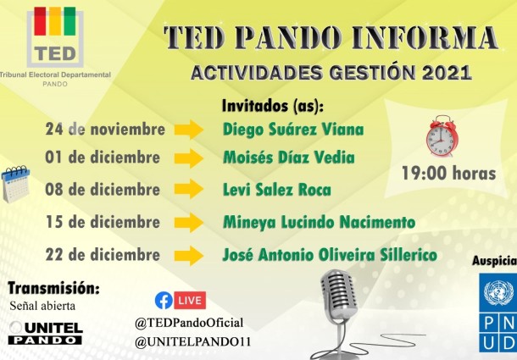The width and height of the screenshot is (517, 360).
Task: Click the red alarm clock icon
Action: tap(441, 136)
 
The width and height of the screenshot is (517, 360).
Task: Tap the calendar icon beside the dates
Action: tap(16, 184)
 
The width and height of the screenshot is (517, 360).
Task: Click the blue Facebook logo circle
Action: tap(164, 300)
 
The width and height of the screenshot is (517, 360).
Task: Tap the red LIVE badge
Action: tap(191, 300)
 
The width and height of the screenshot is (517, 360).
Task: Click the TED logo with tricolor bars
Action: tap(55, 37)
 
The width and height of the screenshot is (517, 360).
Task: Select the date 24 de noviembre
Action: tap(105, 130)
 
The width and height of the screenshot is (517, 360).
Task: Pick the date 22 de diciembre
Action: tap(104, 254)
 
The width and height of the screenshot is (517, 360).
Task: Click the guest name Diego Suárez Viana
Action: tap(292, 130)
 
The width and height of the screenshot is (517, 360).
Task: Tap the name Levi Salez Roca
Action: tap(276, 189)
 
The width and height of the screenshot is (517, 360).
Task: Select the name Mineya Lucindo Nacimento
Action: tap(319, 222)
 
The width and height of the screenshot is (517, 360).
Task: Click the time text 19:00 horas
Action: tap(448, 173)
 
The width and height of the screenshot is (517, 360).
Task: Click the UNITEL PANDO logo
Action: tap(45, 332)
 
